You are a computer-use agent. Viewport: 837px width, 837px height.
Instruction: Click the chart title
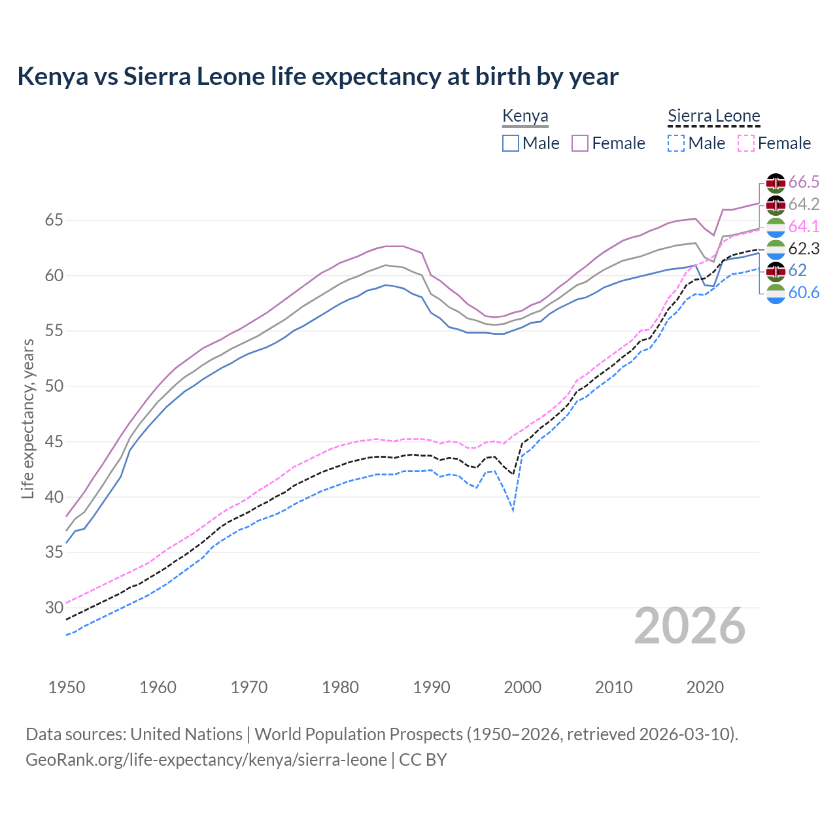[318, 77]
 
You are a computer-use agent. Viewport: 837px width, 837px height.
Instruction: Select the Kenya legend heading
[525, 116]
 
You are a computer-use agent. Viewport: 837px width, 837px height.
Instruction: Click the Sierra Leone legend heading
[713, 116]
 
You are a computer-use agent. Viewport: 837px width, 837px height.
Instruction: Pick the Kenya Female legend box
[580, 143]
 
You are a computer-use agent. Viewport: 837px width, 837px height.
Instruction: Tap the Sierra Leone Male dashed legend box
[676, 143]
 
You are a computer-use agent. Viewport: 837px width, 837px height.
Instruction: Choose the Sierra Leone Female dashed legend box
[745, 143]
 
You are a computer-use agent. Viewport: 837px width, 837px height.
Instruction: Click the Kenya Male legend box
[511, 143]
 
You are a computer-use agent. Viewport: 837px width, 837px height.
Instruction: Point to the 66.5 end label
[804, 182]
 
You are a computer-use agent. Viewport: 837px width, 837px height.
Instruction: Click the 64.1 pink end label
[804, 226]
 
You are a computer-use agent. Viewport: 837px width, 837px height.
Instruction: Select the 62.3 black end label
[804, 248]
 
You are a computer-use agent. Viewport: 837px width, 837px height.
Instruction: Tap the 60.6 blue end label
[804, 292]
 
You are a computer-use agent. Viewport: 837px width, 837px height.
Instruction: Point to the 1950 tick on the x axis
[67, 687]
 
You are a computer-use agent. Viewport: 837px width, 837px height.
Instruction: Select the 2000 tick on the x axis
[522, 687]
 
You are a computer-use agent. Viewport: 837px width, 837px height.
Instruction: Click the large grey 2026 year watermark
[690, 626]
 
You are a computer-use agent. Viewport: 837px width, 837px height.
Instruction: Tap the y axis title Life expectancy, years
[27, 418]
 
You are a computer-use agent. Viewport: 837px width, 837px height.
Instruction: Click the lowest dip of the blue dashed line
[513, 511]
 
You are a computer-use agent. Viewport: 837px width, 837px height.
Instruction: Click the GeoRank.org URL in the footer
[206, 760]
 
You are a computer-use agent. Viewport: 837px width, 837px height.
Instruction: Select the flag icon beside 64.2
[776, 205]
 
